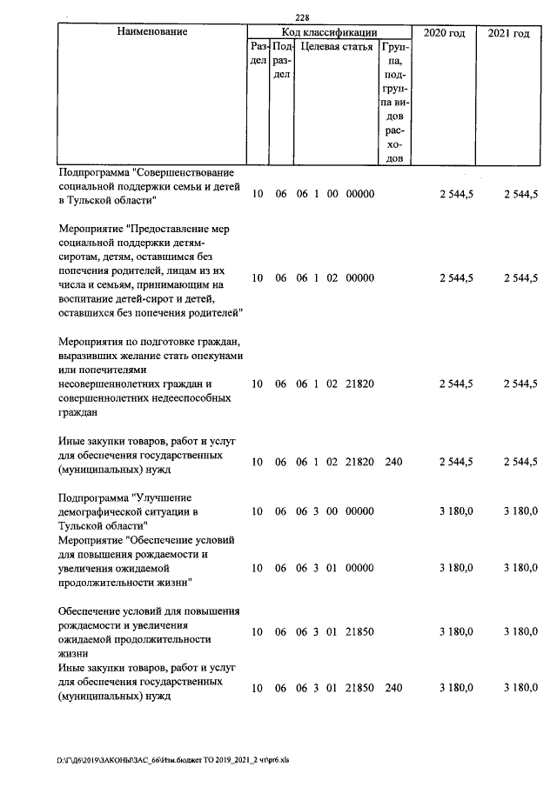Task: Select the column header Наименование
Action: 151,32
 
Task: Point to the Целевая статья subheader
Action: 337,47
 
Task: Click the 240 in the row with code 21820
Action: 393,462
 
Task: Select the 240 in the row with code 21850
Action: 393,688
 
